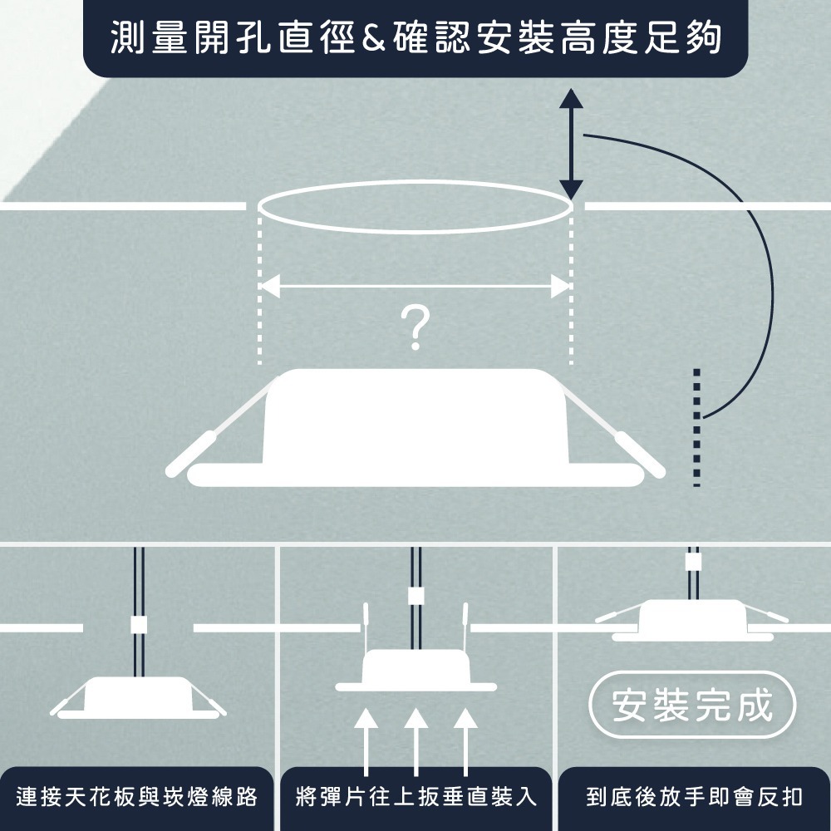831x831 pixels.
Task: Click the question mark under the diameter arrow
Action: point(415,327)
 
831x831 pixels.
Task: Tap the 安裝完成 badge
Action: point(691,706)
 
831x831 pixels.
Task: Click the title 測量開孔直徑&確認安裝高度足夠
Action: point(415,38)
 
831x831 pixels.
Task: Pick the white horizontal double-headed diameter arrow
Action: point(415,287)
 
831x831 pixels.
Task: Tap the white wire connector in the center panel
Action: point(415,596)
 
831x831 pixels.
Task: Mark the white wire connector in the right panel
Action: point(692,562)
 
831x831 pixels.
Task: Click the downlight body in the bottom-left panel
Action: point(138,695)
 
